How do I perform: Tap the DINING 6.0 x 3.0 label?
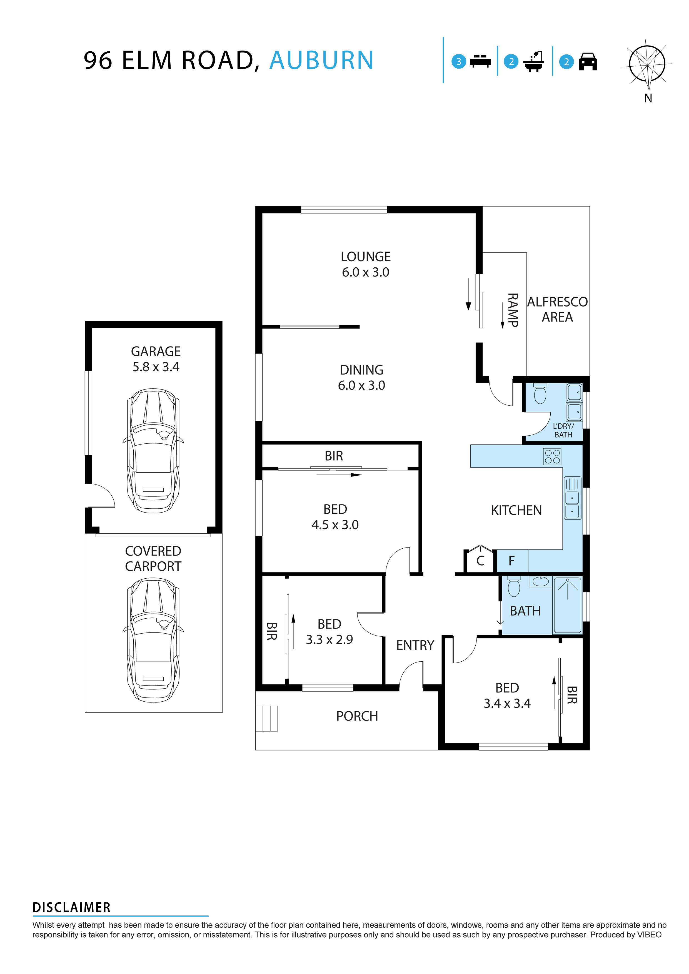coord(361,378)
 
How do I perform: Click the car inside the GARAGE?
coord(153,451)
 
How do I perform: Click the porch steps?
coord(267,719)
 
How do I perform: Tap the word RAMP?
coord(513,310)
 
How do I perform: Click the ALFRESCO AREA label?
coord(557,309)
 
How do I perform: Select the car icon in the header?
coord(588,62)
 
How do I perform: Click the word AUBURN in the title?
coord(321,60)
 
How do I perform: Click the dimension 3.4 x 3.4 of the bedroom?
coord(507,703)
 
